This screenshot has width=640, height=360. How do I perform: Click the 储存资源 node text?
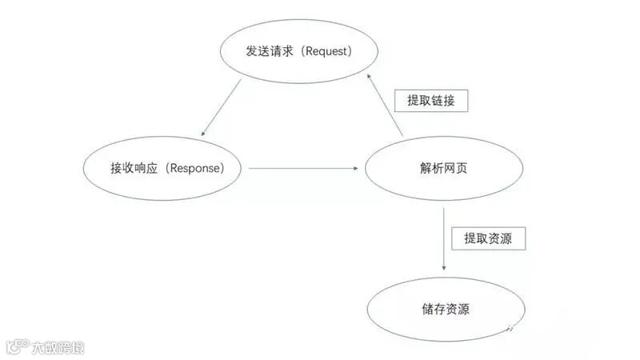445,309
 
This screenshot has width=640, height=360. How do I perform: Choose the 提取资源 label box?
488,238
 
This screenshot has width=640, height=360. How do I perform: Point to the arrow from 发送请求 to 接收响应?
223,107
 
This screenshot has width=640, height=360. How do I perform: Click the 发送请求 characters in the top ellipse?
270,51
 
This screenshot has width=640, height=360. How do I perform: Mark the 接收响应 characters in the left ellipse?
134,168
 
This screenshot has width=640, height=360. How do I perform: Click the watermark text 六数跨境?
58,347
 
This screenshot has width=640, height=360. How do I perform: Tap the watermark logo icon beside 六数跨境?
17,346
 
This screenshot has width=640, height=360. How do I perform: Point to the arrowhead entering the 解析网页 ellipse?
354,168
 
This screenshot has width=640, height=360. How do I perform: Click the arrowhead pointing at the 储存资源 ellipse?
444,270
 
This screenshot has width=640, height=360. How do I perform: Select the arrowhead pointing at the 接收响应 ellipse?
204,133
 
